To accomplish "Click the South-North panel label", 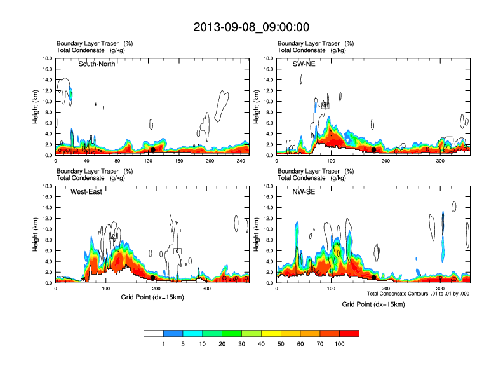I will pos(97,64).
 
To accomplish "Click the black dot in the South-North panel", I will pos(153,150).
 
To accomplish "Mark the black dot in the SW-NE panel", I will pos(374,150).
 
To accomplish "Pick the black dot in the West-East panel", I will pos(153,278).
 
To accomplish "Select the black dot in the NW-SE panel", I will pos(374,278).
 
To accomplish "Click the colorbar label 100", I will pos(340,344).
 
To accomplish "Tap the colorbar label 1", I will pos(163,344).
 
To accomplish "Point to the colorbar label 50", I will pos(281,344).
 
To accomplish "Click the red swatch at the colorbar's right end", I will pos(350,333).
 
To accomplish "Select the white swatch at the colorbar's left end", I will pos(153,333).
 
